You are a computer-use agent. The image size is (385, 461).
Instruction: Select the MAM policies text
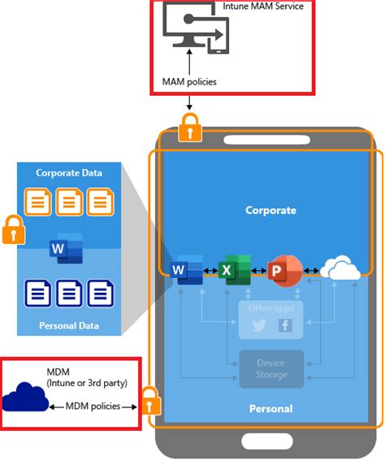(x=188, y=82)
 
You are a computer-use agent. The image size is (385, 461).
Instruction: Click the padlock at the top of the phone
(x=189, y=127)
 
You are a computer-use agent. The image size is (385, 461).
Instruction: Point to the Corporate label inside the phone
(x=271, y=211)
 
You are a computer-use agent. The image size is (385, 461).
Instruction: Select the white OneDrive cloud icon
(x=340, y=269)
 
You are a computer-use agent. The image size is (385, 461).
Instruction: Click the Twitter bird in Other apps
(x=259, y=325)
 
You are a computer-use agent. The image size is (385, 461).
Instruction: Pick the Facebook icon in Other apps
(x=285, y=325)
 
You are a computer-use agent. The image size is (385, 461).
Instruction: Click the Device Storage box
(x=271, y=369)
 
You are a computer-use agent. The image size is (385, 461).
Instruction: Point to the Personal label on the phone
(x=271, y=408)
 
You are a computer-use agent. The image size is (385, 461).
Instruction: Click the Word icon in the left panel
(x=65, y=247)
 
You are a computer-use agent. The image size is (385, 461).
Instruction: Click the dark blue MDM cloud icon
(x=25, y=398)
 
